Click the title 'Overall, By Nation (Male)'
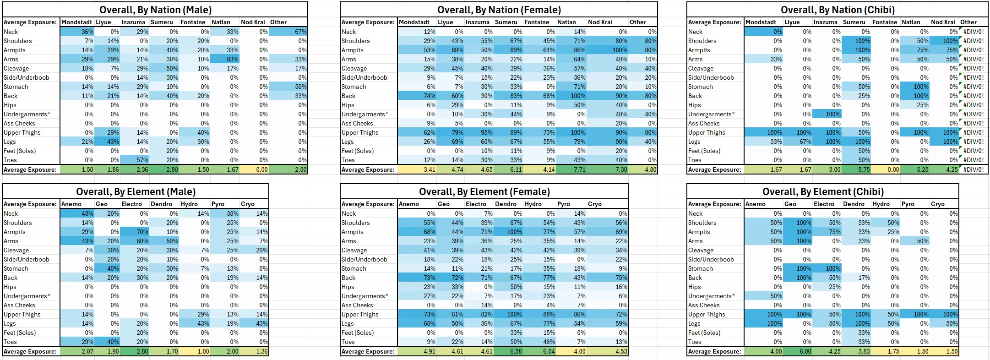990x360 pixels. click(155, 10)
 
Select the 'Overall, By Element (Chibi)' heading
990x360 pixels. click(822, 191)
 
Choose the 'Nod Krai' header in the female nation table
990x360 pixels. click(600, 22)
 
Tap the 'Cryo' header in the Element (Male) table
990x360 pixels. click(248, 204)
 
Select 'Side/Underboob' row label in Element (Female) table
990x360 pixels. click(364, 259)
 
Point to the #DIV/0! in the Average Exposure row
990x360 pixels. click(974, 169)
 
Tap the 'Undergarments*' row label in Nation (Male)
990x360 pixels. click(27, 114)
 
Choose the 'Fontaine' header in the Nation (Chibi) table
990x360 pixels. click(885, 22)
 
